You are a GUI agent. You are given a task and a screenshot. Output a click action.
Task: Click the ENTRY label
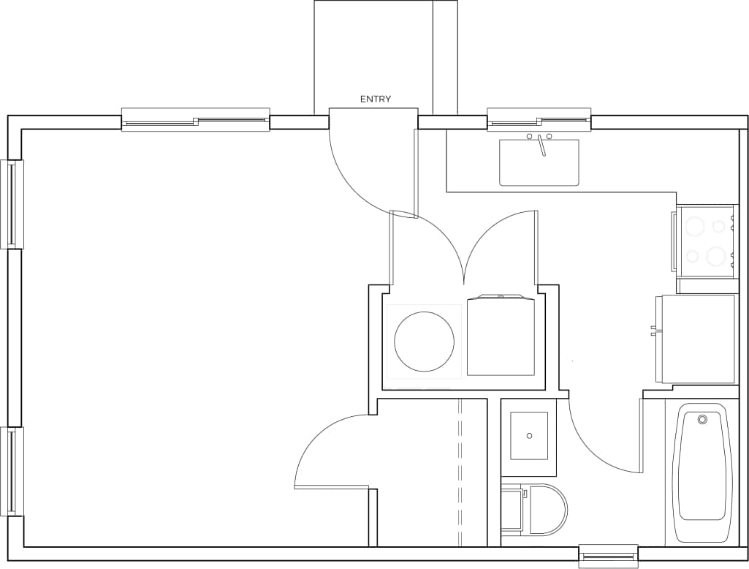(x=375, y=99)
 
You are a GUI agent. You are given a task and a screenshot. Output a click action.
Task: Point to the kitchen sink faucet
(x=541, y=145)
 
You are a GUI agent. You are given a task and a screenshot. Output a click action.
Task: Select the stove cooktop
(x=705, y=241)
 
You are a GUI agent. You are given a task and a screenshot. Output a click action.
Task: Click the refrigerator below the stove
(x=698, y=339)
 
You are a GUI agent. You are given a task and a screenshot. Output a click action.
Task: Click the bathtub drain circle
(x=702, y=420)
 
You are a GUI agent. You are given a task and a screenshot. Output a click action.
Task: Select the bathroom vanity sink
(x=529, y=436)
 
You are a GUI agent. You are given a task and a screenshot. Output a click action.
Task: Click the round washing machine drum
(x=424, y=341)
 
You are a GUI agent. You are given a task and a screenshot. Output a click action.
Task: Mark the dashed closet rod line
(x=460, y=472)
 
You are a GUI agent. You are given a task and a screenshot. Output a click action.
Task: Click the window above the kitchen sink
(x=539, y=120)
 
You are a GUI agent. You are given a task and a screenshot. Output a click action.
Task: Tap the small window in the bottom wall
(x=608, y=557)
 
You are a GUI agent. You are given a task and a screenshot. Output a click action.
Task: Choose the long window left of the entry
(x=195, y=120)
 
